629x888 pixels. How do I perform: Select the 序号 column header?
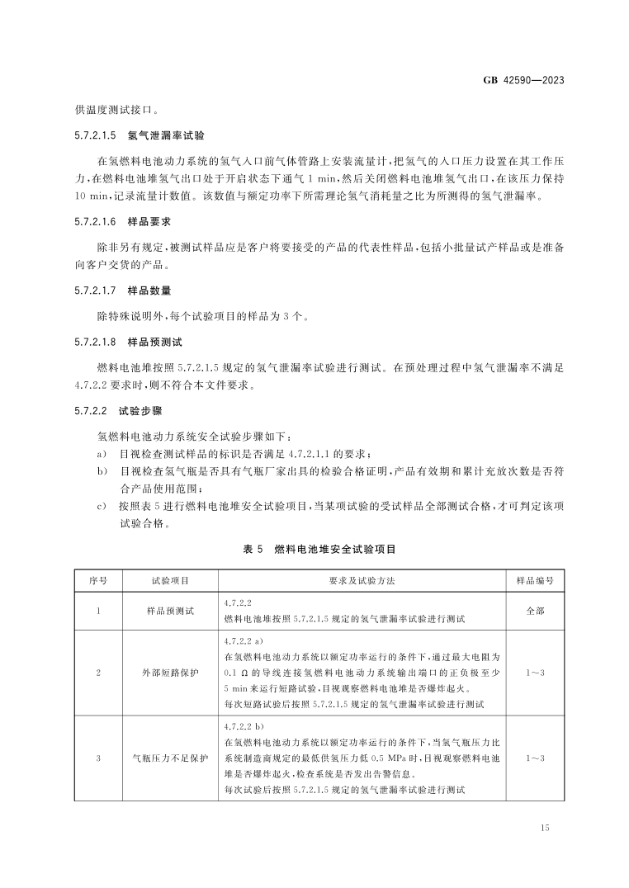[98, 580]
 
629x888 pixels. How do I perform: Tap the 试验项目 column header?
[169, 580]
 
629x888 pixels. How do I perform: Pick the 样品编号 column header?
[535, 580]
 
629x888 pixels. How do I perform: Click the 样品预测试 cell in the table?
[169, 612]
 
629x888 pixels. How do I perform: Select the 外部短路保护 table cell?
[169, 673]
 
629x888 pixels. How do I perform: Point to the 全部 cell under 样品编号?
[535, 612]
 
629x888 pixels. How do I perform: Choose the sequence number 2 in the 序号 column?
[98, 673]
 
